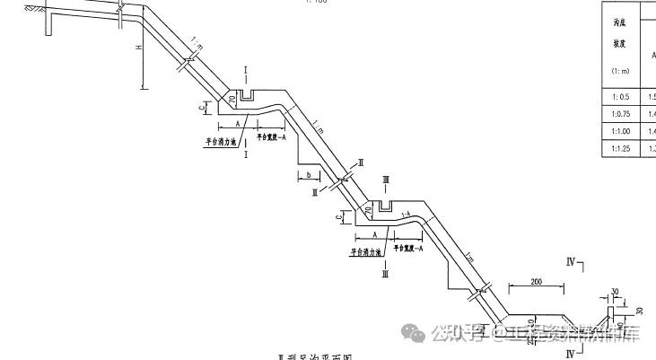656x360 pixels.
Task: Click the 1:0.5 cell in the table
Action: click(x=617, y=96)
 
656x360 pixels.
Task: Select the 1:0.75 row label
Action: click(x=617, y=113)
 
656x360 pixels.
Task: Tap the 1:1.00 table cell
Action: click(x=617, y=131)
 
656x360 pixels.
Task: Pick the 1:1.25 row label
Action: click(x=617, y=148)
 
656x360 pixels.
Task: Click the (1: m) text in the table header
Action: click(x=617, y=70)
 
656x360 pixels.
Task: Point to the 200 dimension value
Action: click(x=536, y=282)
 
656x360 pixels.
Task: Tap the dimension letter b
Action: click(x=308, y=174)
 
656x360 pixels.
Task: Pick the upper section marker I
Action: click(x=246, y=69)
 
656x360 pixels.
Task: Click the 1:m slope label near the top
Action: click(x=196, y=43)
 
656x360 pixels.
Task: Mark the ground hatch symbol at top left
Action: click(x=33, y=9)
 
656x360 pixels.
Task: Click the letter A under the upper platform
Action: click(x=237, y=122)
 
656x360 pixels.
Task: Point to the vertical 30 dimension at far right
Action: click(x=640, y=310)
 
